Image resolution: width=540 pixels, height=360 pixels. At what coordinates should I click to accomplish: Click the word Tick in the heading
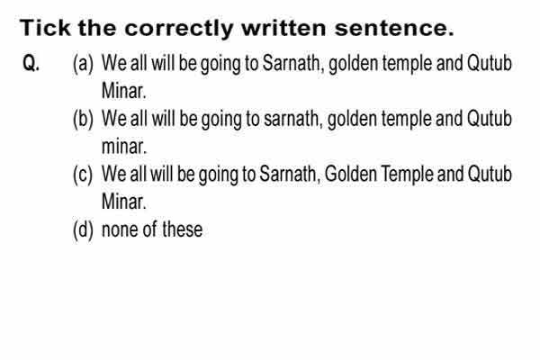(45, 28)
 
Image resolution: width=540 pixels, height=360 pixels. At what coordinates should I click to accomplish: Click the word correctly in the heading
(179, 29)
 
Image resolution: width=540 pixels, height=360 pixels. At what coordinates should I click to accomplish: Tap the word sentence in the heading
(394, 28)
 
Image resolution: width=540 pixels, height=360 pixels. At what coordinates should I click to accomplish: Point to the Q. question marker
(31, 63)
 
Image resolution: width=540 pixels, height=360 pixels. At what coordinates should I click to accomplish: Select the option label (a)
(83, 64)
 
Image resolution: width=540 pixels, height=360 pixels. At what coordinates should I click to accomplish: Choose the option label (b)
(83, 119)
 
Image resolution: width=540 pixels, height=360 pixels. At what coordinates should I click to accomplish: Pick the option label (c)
(83, 175)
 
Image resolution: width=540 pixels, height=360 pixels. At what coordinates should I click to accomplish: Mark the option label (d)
(83, 229)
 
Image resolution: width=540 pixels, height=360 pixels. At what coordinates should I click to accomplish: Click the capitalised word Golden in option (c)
(351, 174)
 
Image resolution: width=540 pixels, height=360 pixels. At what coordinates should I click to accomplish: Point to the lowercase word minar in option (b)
(124, 147)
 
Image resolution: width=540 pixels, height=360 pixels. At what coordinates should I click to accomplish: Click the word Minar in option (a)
(124, 91)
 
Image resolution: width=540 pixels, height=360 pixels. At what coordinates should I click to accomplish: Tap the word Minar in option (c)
(124, 202)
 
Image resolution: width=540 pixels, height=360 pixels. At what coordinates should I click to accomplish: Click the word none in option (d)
(120, 230)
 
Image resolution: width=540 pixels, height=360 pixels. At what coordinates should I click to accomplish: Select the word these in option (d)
(182, 229)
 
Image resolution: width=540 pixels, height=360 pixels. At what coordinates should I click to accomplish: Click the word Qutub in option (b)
(489, 118)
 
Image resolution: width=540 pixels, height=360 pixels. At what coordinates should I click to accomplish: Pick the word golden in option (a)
(354, 65)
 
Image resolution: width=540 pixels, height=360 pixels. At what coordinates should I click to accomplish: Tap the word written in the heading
(283, 28)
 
